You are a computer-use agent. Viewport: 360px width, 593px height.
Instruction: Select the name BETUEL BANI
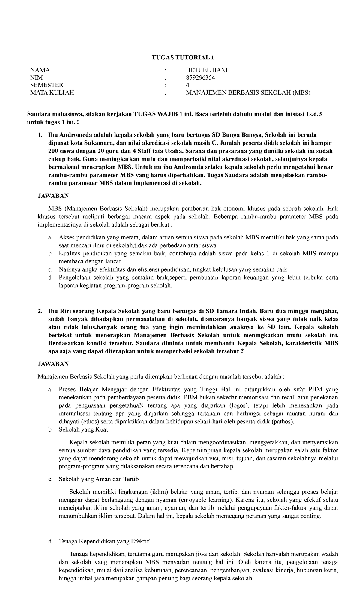point(207,70)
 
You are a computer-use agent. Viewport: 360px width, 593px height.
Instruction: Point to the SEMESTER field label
point(47,85)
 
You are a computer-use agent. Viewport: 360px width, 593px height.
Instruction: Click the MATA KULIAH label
point(52,93)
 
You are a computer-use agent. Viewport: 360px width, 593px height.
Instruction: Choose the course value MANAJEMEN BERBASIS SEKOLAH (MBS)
point(248,93)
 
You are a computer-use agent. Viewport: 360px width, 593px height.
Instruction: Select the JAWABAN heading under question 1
point(53,196)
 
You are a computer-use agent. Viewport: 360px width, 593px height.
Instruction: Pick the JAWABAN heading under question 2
point(53,364)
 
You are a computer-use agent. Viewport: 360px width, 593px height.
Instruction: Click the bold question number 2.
point(40,310)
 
